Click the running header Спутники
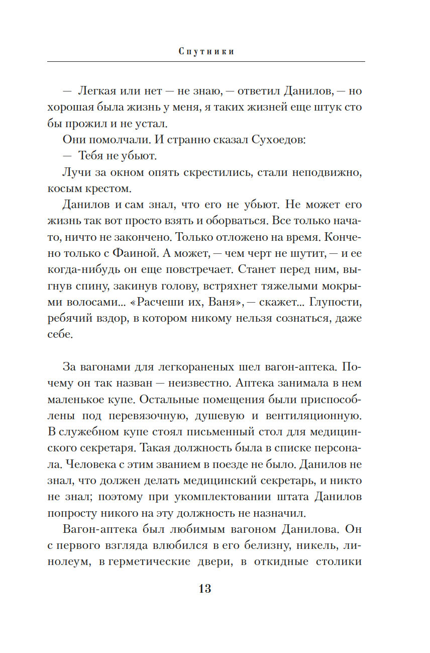[206, 51]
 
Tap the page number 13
[205, 589]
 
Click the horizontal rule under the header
[206, 61]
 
